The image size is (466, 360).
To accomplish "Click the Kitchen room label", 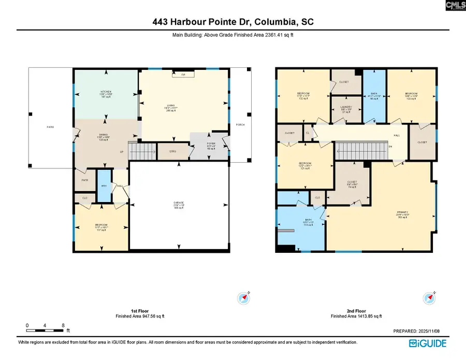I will (106, 93).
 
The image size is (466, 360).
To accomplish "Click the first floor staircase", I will (142, 151).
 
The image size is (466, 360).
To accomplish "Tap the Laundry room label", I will (346, 109).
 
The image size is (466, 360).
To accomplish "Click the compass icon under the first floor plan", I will (243, 298).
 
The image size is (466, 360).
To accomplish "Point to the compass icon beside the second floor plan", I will (429, 298).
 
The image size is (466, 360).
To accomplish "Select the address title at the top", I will (232, 22).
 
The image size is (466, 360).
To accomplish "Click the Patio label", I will (50, 127).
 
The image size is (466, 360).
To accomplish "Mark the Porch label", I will (240, 125).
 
